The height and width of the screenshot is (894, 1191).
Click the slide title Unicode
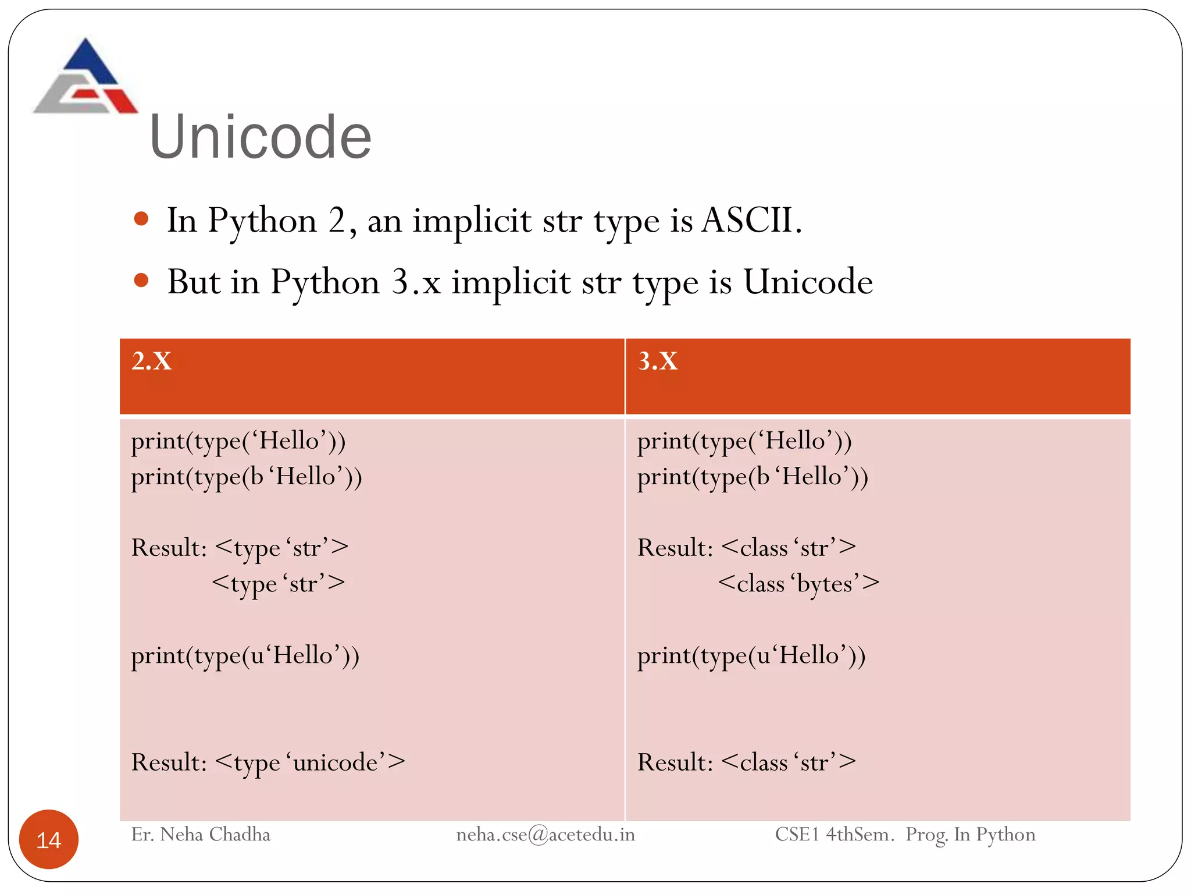(260, 137)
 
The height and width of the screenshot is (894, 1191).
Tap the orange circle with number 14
(49, 839)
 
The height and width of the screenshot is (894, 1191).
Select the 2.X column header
(152, 361)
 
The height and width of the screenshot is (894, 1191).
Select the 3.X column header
(658, 361)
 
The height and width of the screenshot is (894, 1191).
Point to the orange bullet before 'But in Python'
(141, 281)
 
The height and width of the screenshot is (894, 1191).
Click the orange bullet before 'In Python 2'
(141, 219)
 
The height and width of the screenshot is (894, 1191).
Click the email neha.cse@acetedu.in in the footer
(545, 835)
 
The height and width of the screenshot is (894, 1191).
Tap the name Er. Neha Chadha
(201, 835)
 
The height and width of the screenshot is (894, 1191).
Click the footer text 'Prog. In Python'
(970, 835)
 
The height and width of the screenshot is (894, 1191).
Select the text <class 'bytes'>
(798, 583)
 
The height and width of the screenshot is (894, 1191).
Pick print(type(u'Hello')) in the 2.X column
(245, 656)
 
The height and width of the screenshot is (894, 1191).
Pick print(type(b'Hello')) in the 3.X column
(753, 477)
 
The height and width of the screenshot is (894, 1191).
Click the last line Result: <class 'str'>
(747, 762)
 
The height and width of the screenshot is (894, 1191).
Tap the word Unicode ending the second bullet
(808, 282)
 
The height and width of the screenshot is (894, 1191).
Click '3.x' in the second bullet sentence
(416, 282)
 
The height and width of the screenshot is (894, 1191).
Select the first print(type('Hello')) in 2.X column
(238, 441)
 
